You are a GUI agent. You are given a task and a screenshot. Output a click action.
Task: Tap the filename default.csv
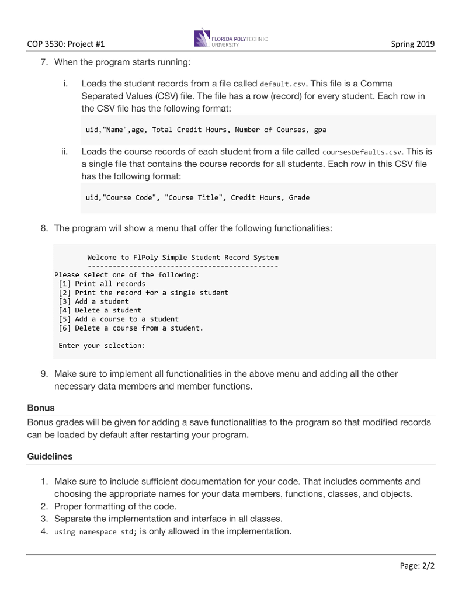point(282,84)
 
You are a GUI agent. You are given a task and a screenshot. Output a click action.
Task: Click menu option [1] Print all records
point(102,284)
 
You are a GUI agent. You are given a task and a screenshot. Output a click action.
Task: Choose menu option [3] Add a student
point(93,301)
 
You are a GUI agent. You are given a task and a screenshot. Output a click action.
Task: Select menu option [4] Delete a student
point(100,310)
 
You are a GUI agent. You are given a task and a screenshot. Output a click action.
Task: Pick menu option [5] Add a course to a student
point(119,319)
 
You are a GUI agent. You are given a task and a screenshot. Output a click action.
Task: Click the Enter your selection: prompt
point(102,346)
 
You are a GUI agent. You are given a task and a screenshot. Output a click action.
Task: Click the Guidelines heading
point(50,456)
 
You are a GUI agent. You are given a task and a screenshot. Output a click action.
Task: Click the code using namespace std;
point(96,532)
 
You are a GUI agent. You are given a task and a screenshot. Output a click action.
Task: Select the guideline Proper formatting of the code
point(115,506)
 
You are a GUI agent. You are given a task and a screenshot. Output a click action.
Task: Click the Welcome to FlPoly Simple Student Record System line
point(183,258)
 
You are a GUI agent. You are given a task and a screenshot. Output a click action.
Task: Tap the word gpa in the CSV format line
point(320,130)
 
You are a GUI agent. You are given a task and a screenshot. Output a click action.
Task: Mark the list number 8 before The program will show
point(44,228)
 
